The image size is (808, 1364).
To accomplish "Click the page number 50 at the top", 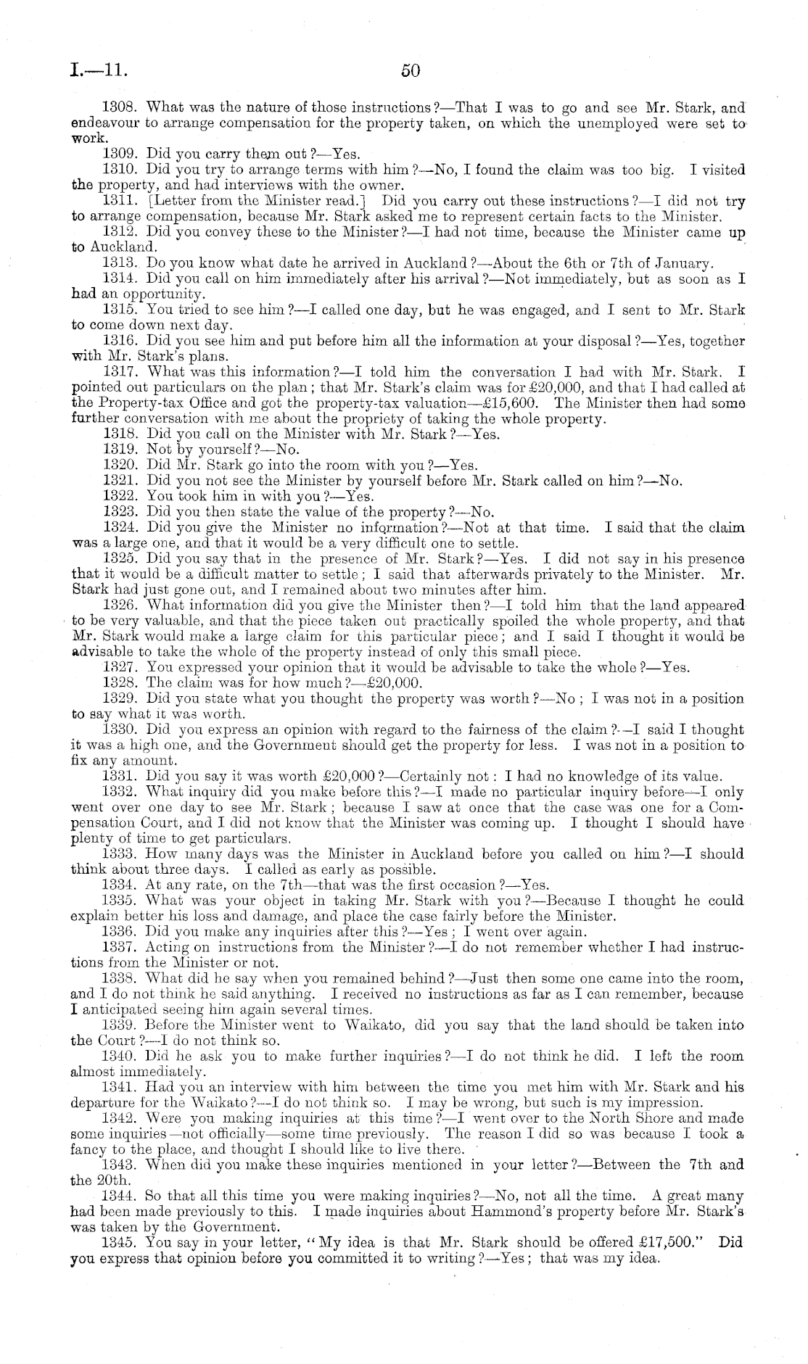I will (x=410, y=70).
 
